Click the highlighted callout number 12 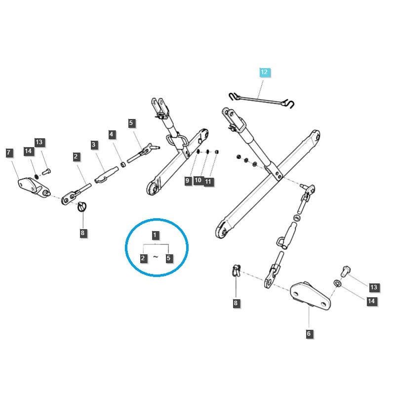264,73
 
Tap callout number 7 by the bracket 9,153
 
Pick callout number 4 112,134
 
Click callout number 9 188,181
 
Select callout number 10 198,181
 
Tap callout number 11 208,182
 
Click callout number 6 309,334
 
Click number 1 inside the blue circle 156,235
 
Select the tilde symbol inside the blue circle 156,257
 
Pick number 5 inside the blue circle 169,258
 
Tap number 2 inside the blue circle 143,258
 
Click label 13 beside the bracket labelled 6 374,287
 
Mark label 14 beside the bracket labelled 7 28,151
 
